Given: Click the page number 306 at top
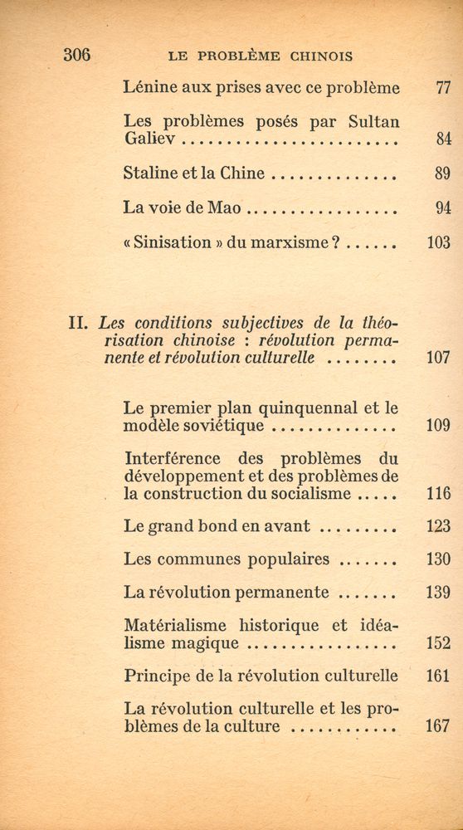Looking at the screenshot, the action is tap(77, 56).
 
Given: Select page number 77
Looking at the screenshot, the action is tap(441, 88).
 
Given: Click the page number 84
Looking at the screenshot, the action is tap(441, 139).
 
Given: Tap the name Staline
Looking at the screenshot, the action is tap(149, 173).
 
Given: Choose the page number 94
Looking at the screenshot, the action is tap(441, 208).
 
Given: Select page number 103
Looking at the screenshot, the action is tap(438, 243).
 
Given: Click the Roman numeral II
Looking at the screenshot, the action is tap(79, 323).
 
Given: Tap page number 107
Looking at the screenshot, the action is tap(438, 358).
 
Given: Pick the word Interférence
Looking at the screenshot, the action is tap(173, 458).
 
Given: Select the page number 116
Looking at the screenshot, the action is tap(438, 494).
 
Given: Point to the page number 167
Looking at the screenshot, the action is tap(437, 726).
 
